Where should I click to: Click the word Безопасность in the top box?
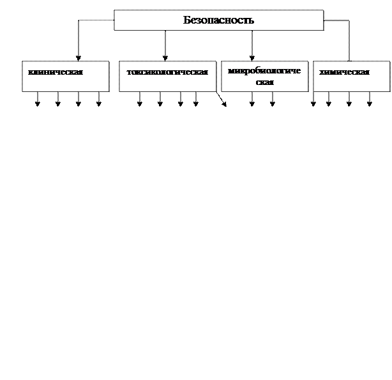pyautogui.click(x=218, y=20)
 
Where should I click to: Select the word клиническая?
pyautogui.click(x=56, y=72)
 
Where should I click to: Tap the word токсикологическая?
pyautogui.click(x=167, y=72)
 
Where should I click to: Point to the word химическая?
pyautogui.click(x=344, y=72)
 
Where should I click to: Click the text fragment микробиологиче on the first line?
pyautogui.click(x=264, y=70)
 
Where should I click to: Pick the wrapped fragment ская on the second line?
pyautogui.click(x=264, y=82)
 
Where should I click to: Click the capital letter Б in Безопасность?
pyautogui.click(x=186, y=20)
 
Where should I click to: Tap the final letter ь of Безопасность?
pyautogui.click(x=252, y=20)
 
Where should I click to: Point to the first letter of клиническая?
pyautogui.click(x=31, y=72)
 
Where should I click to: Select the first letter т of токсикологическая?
pyautogui.click(x=129, y=72)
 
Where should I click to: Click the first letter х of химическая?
pyautogui.click(x=321, y=72)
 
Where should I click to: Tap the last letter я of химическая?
pyautogui.click(x=367, y=72)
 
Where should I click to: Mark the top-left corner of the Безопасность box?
pyautogui.click(x=115, y=10)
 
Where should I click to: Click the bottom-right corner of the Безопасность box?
pyautogui.click(x=322, y=29)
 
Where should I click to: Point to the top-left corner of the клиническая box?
pyautogui.click(x=23, y=62)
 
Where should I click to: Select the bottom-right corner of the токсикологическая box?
pyautogui.click(x=215, y=91)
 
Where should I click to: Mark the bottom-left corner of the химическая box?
pyautogui.click(x=314, y=91)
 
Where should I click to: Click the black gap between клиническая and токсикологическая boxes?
pyautogui.click(x=114, y=77)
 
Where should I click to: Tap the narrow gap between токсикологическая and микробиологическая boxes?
pyautogui.click(x=218, y=77)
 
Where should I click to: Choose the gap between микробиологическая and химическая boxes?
pyautogui.click(x=311, y=77)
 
